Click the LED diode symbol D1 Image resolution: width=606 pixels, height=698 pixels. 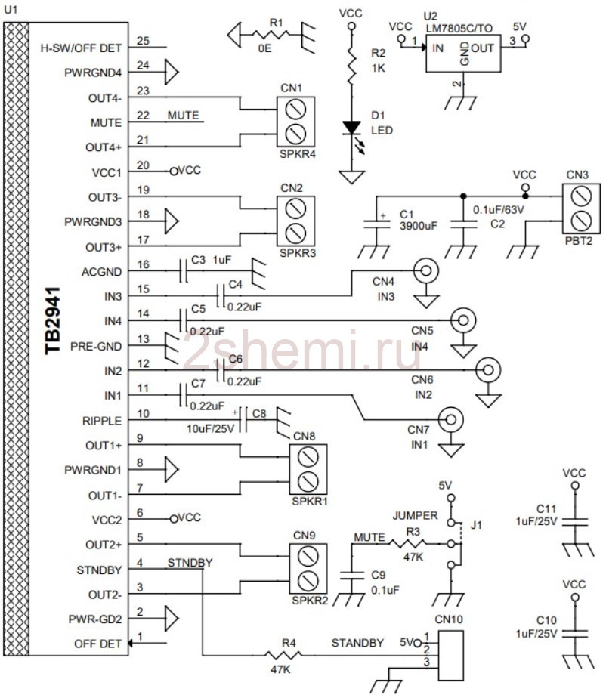352,128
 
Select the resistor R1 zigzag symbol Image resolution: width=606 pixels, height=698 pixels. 271,34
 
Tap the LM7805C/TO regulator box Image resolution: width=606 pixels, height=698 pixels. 463,54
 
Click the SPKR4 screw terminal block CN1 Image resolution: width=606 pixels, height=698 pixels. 295,122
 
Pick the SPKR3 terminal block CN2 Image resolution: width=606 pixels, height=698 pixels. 295,221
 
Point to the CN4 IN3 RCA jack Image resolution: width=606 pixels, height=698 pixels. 426,270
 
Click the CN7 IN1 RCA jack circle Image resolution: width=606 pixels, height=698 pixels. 451,420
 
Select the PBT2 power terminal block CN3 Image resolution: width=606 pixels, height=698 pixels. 581,208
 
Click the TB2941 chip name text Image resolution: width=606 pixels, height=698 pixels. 53,320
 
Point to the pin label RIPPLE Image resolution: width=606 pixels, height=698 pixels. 102,421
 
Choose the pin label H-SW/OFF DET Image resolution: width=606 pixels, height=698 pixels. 81,48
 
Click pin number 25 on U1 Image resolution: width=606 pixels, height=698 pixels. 143,41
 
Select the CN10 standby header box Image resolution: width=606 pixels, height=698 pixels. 450,655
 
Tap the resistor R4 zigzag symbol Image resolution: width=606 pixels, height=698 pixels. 283,655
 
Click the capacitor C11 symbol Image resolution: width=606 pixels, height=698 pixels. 575,522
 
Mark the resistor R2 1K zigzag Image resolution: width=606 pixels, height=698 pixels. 352,66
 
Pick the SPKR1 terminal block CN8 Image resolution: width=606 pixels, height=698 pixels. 308,469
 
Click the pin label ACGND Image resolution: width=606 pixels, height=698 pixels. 101,272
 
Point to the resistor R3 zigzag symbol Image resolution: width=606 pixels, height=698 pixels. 408,543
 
